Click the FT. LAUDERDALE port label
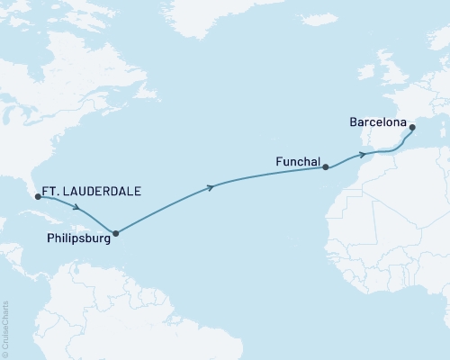tap(93, 190)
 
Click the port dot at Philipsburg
tap(115, 233)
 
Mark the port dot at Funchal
tap(326, 166)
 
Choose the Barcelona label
tap(378, 121)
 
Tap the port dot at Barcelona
tap(413, 129)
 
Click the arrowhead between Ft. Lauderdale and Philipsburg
tap(76, 205)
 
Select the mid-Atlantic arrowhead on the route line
tap(211, 187)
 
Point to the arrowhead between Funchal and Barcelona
tap(363, 154)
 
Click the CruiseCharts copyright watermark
tap(5, 328)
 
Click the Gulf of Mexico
tap(11, 193)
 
